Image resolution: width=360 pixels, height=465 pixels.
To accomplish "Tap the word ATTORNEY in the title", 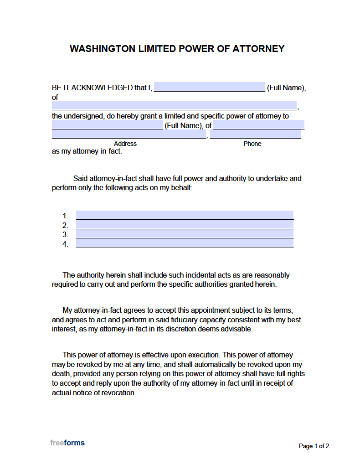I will pos(258,49).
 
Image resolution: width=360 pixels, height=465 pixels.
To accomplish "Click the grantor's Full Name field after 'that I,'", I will pos(209,87).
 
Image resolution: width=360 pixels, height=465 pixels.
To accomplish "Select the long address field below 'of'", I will pos(174,106).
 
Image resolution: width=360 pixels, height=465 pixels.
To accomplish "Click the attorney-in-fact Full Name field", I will pos(107,125).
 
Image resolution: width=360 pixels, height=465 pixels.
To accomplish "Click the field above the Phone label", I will pos(255,134).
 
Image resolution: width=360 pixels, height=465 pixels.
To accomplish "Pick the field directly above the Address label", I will pos(129,134).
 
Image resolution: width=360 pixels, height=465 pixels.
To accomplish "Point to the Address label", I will pos(125,144).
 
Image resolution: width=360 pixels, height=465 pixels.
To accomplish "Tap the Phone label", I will pos(252,144).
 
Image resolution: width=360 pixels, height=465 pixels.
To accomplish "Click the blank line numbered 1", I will pos(185,215).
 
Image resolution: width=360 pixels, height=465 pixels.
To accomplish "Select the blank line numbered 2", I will pos(185,225).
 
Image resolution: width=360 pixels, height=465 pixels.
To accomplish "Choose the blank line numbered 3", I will pos(185,234).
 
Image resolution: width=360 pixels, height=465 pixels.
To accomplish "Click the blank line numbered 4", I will pos(185,244).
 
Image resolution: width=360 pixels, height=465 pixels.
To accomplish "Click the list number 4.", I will pos(65,244).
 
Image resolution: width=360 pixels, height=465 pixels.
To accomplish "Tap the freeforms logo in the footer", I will pos(67,443).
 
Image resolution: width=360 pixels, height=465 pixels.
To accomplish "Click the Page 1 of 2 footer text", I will pos(314,446).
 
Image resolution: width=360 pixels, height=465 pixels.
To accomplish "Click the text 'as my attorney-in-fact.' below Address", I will pos(87,151).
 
